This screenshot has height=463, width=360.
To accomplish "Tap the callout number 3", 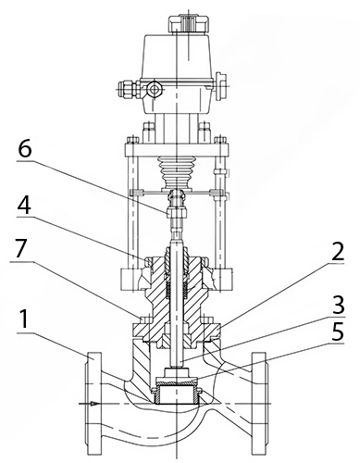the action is pyautogui.click(x=336, y=304).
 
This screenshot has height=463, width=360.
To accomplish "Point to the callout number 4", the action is pyautogui.click(x=24, y=204).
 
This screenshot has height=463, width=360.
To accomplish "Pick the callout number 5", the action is pyautogui.click(x=336, y=331).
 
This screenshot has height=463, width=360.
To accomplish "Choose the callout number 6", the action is pyautogui.click(x=24, y=150).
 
